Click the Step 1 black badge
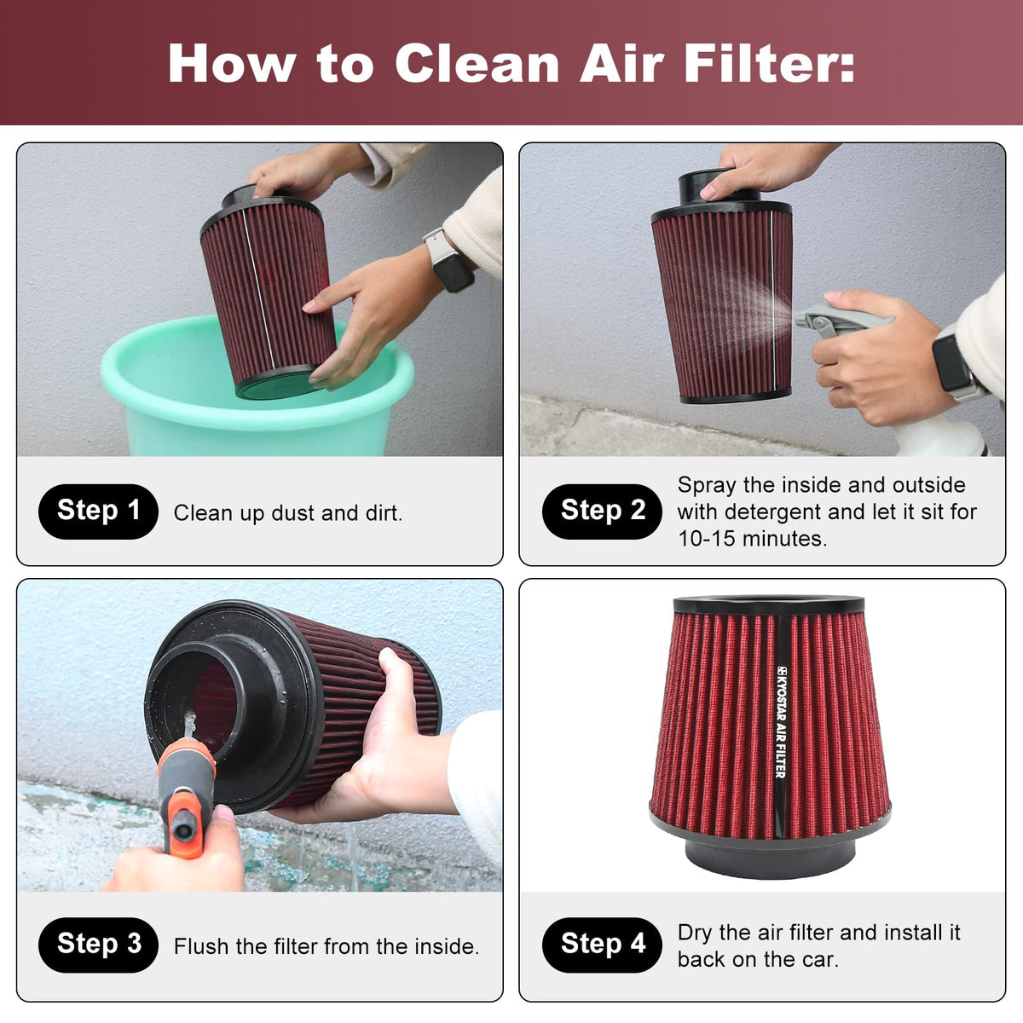[98, 511]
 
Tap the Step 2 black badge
[602, 511]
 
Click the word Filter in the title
[770, 64]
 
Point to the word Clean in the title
[477, 64]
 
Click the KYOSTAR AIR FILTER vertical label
[780, 722]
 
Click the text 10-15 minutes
[753, 539]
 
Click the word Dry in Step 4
[694, 933]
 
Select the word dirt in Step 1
[384, 513]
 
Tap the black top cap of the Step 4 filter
[769, 604]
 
